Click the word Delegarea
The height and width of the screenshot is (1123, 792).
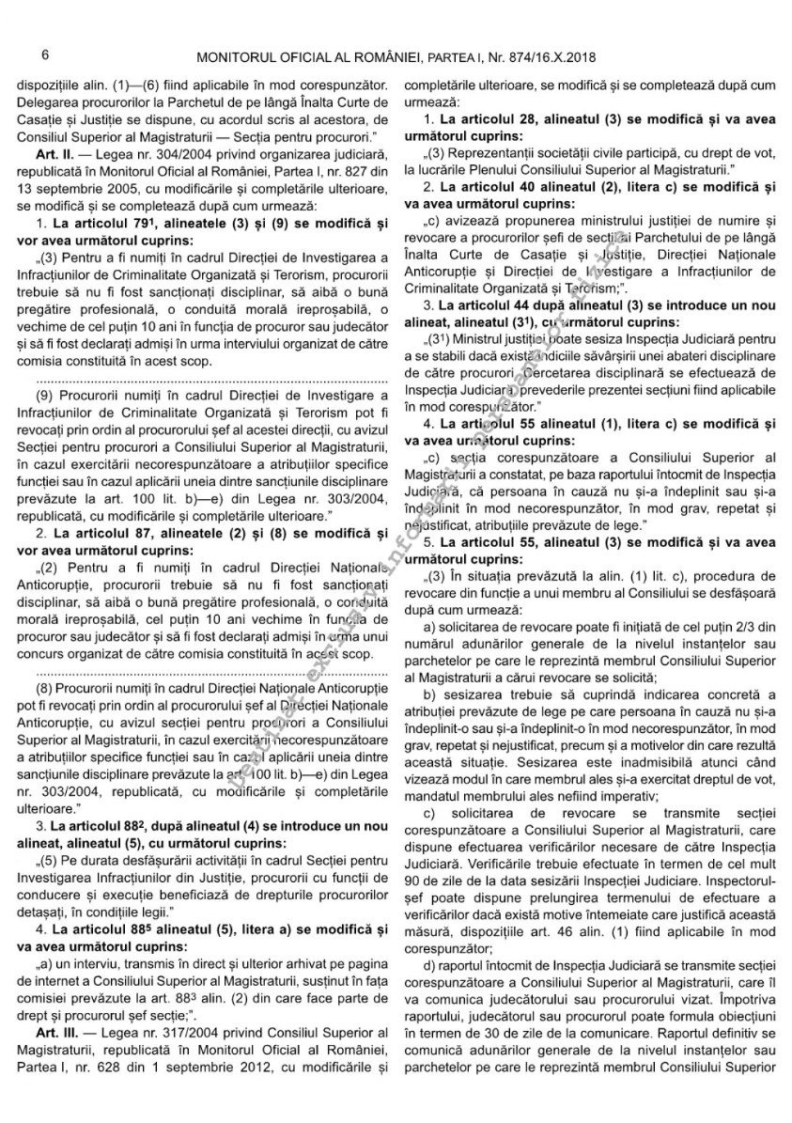tap(50, 101)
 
